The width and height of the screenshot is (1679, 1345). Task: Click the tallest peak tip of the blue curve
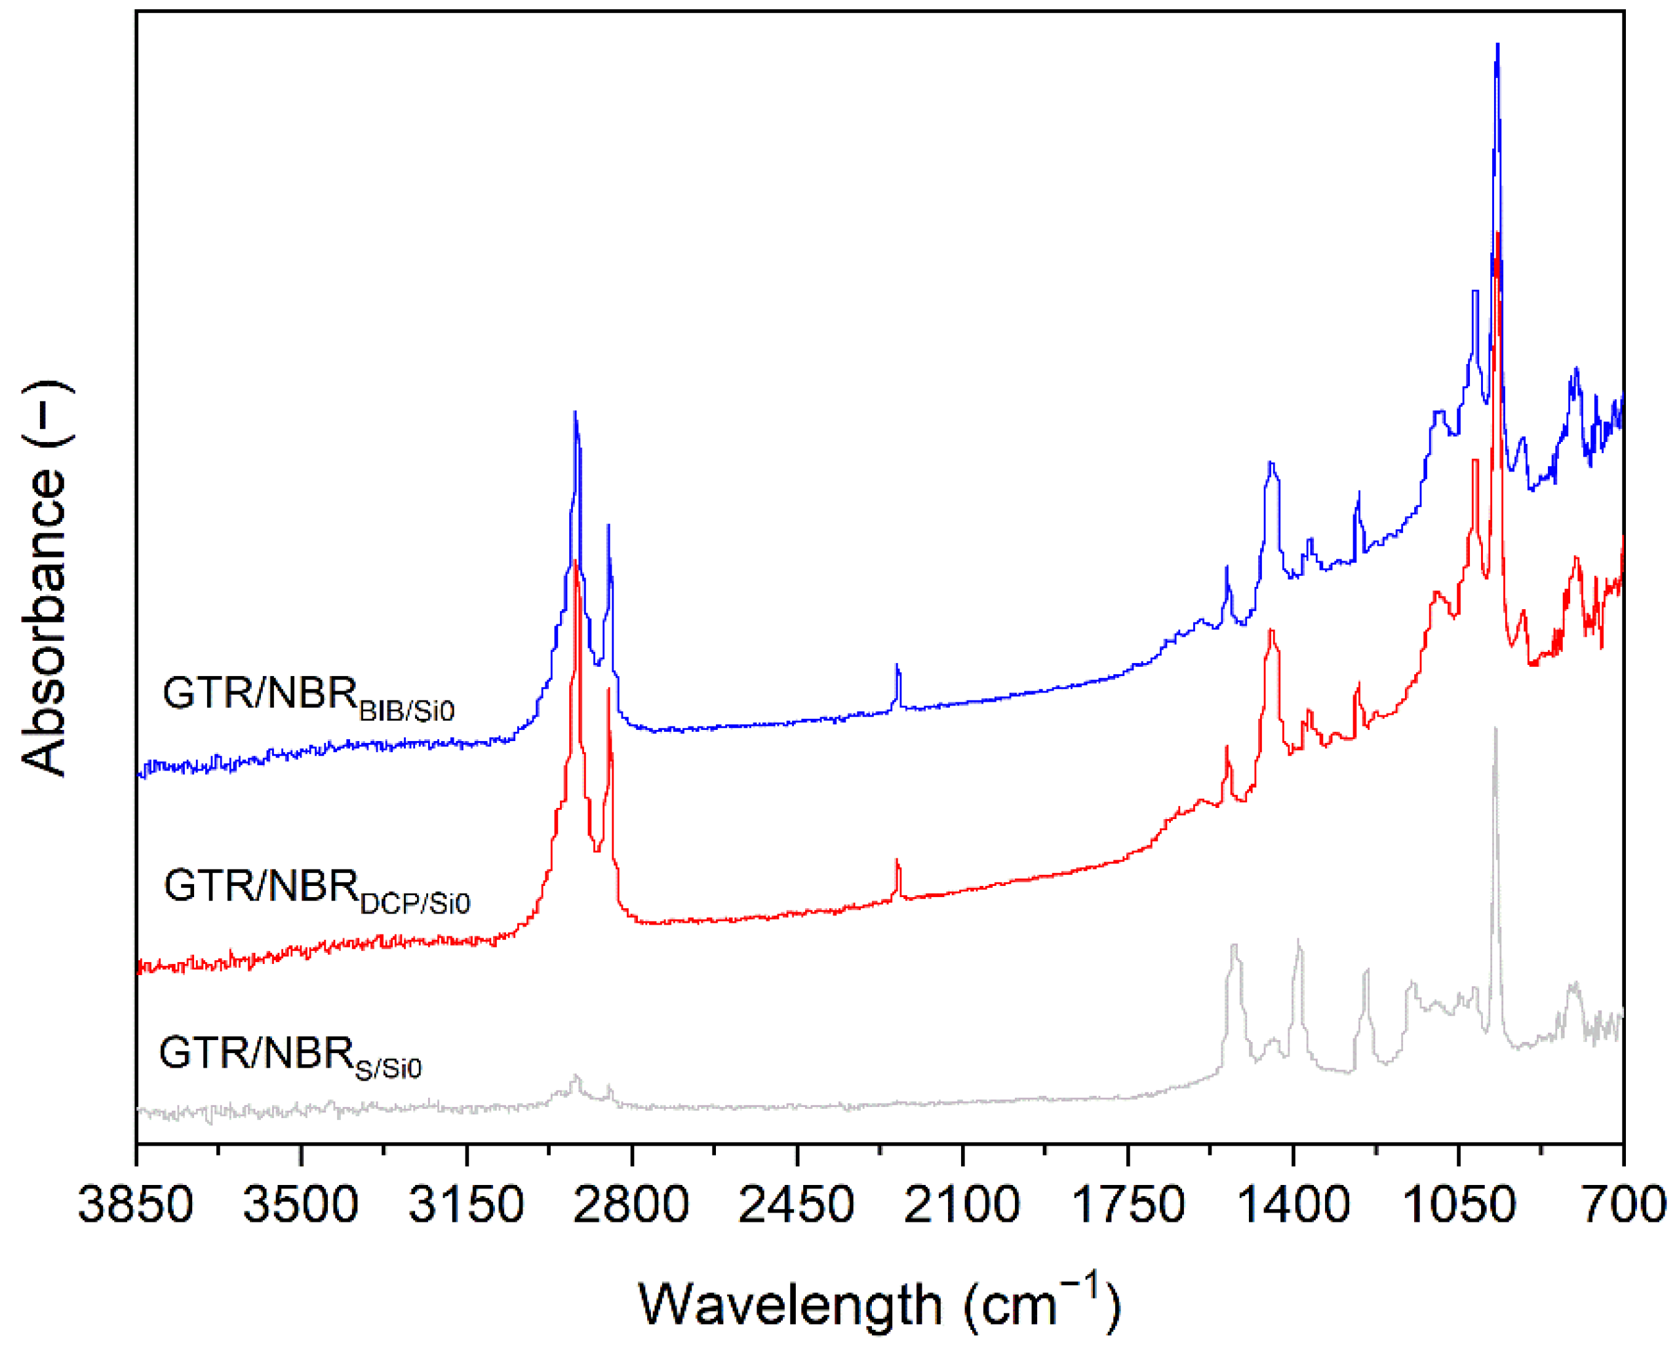pyautogui.click(x=1497, y=45)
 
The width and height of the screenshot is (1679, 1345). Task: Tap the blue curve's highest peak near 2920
pyautogui.click(x=575, y=412)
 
